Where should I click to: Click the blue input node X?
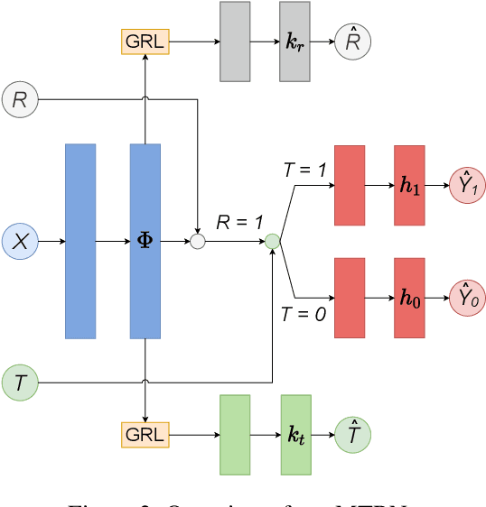(21, 241)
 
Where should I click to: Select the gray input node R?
(20, 98)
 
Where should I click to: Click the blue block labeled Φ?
(145, 241)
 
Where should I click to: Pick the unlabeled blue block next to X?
(80, 241)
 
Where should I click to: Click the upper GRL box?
(145, 41)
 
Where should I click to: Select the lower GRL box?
(145, 435)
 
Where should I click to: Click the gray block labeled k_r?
(294, 41)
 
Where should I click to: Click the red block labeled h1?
(408, 185)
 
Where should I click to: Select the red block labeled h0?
(408, 298)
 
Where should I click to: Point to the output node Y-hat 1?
(467, 185)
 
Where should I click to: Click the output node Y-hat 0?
(467, 298)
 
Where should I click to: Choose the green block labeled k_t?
(295, 435)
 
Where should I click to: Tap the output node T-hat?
(351, 435)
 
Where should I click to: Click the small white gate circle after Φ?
(197, 241)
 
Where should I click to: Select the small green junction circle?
(272, 241)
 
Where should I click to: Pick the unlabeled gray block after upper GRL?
(235, 41)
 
